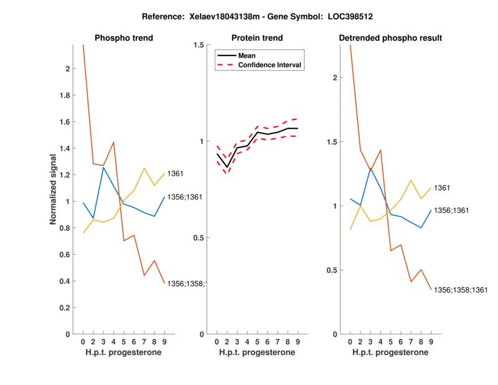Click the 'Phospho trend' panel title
pyautogui.click(x=124, y=38)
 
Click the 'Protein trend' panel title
pyautogui.click(x=257, y=38)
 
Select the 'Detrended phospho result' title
pyautogui.click(x=390, y=38)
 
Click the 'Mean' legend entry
pyautogui.click(x=247, y=55)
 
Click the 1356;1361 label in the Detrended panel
pyautogui.click(x=451, y=211)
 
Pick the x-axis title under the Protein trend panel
pyautogui.click(x=257, y=353)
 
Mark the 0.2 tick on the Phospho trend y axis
pyautogui.click(x=65, y=308)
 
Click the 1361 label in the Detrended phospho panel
pyautogui.click(x=442, y=188)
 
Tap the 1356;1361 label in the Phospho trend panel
pyautogui.click(x=186, y=197)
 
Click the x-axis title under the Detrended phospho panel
pyautogui.click(x=390, y=353)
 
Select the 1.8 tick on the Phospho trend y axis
pyautogui.click(x=65, y=95)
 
